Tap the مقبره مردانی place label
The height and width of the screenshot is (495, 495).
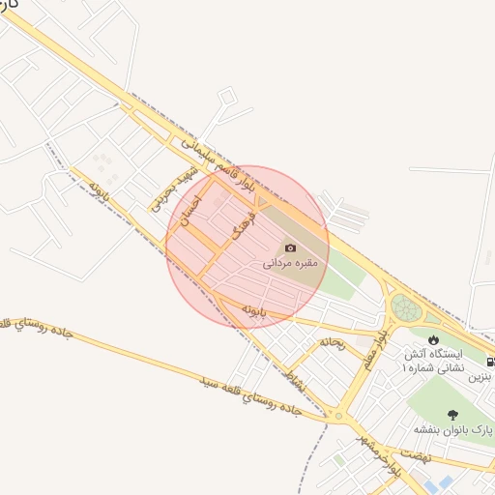(290, 262)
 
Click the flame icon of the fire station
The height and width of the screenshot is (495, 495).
(432, 339)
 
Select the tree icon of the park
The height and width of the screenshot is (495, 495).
(453, 414)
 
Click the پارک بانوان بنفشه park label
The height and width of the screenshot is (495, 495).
(454, 428)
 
